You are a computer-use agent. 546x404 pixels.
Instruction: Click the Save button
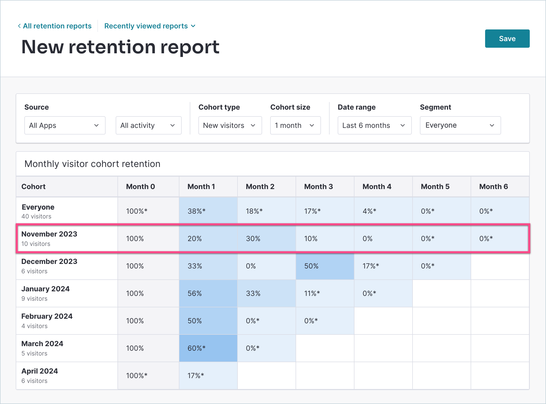coord(507,39)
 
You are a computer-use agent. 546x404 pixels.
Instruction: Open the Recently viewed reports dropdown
coord(150,26)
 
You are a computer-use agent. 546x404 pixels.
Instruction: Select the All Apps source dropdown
coord(65,125)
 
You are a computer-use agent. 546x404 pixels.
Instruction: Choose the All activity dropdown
coord(148,125)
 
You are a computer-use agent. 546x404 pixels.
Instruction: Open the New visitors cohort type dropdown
coord(230,125)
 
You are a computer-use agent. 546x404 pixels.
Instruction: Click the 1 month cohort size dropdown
coord(295,125)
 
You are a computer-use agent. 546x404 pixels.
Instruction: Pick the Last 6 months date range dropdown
coord(374,125)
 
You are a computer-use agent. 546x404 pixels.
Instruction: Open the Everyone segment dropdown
coord(460,125)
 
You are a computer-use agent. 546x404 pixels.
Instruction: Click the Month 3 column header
coord(318,187)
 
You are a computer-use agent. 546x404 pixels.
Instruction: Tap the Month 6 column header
coord(493,187)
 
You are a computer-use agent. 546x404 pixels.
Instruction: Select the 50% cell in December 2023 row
coord(325,266)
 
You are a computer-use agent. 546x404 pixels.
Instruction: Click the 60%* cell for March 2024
coord(208,348)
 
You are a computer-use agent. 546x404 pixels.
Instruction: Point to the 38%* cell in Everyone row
coord(208,211)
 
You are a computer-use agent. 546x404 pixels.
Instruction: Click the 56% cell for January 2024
coord(208,293)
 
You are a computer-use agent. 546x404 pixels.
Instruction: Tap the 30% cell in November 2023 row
coord(266,239)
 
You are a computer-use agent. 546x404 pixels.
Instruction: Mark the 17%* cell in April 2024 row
coord(208,376)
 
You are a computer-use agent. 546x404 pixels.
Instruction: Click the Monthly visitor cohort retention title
coord(92,164)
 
